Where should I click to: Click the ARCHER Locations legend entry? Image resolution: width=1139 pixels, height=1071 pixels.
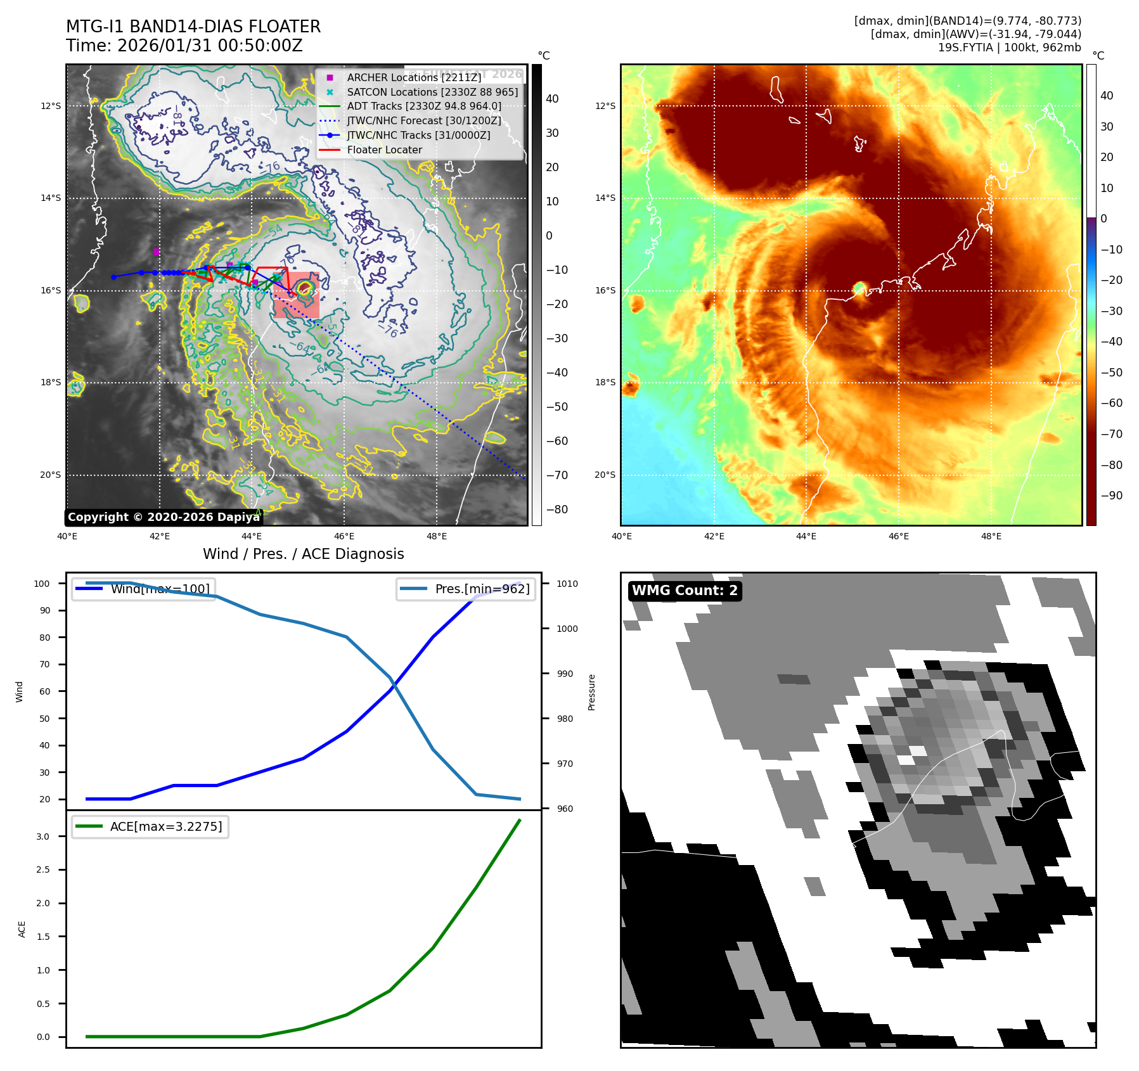(x=414, y=77)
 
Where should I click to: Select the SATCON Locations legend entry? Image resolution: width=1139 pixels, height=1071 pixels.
(x=432, y=92)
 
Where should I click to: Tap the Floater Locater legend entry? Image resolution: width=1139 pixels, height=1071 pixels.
(x=384, y=150)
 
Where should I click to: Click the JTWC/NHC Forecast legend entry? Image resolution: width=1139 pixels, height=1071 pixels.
(x=423, y=121)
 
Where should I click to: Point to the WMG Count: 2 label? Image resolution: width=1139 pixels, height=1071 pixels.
(x=685, y=591)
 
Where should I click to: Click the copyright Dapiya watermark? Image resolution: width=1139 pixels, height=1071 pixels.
(x=164, y=517)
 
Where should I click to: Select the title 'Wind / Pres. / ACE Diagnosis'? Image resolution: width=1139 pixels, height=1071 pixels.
(x=303, y=555)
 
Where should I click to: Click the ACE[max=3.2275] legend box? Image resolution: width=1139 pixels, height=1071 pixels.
(x=150, y=827)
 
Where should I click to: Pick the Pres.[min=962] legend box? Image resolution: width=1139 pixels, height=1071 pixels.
(x=465, y=589)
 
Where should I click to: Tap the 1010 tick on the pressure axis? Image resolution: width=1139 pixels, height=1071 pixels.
(x=567, y=584)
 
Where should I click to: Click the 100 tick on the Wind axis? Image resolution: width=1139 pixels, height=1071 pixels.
(x=42, y=584)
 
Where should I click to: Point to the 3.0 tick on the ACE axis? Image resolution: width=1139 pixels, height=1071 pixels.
(x=43, y=837)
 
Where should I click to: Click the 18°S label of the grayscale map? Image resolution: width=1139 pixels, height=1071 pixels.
(x=51, y=383)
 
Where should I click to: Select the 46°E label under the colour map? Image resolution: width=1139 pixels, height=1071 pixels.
(x=899, y=537)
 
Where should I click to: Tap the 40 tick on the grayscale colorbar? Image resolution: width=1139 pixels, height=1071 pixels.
(x=552, y=99)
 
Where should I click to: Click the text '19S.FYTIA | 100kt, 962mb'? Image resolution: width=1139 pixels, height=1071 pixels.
(x=1009, y=48)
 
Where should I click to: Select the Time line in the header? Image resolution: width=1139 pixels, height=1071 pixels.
(x=184, y=46)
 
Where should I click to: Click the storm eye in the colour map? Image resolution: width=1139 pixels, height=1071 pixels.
(x=860, y=289)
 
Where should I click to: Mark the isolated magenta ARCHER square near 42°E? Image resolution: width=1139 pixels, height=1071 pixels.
(x=157, y=252)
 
